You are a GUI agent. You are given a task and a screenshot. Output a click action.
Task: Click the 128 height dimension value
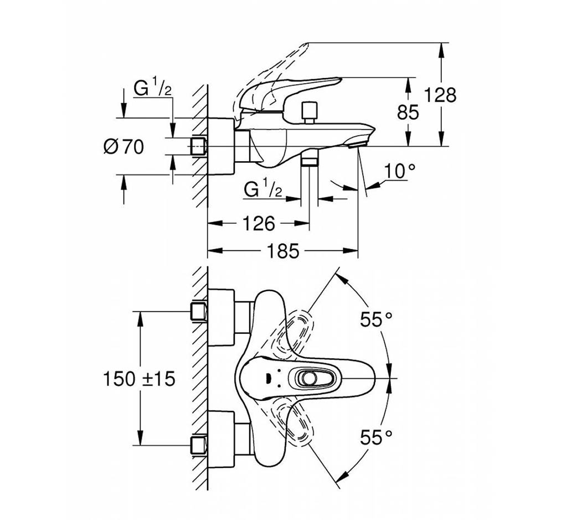(440, 95)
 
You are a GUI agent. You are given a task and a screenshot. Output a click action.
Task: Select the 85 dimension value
(408, 112)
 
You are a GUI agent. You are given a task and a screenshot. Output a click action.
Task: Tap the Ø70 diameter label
(123, 147)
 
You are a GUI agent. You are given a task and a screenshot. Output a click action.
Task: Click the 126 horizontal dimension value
(259, 224)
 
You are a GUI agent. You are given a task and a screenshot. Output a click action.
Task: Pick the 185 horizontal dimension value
(283, 251)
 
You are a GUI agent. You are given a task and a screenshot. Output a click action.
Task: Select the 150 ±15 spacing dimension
(139, 379)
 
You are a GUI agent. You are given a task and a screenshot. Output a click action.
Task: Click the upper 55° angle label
(377, 319)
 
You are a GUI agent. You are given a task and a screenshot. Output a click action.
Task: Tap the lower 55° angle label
(377, 438)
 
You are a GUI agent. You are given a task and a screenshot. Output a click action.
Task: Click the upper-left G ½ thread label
(153, 88)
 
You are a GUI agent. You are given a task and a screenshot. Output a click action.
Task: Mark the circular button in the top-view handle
(309, 378)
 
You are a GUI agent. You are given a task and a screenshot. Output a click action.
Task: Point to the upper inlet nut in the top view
(199, 311)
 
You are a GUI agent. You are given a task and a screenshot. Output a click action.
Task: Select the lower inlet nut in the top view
(199, 445)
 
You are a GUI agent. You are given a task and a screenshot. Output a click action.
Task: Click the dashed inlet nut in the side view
(198, 146)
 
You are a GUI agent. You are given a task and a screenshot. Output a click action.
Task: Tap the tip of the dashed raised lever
(307, 43)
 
